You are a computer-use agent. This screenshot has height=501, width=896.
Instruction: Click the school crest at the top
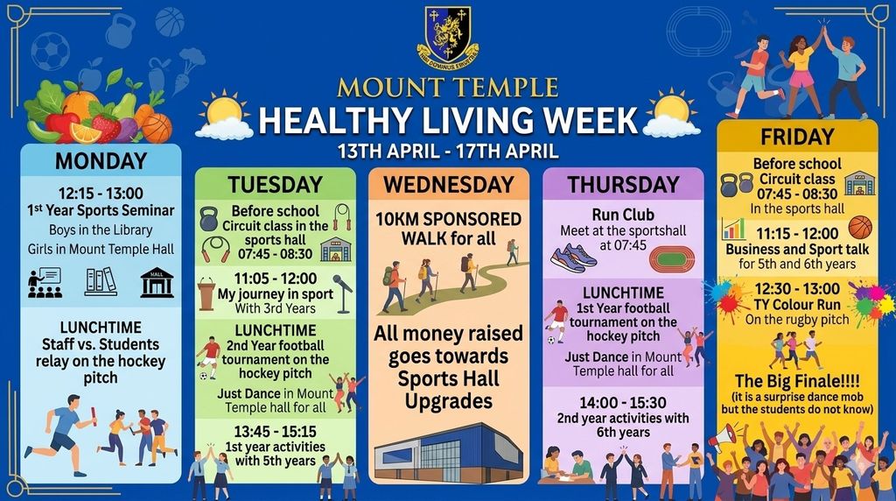coord(448,38)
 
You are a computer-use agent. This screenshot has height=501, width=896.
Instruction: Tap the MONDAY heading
coord(101,160)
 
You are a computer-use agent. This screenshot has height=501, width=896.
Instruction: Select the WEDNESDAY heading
coord(449,185)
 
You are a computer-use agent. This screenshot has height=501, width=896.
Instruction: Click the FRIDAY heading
coord(797,138)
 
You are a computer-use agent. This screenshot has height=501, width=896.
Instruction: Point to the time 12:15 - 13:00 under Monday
coord(101,194)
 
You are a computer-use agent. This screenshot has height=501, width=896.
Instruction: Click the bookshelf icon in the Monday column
coord(101,282)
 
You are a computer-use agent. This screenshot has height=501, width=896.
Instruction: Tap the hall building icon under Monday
coord(157,283)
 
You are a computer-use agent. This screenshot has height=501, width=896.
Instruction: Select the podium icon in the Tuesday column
coord(206,293)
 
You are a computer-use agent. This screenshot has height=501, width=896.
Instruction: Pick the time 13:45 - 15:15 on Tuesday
coord(275,431)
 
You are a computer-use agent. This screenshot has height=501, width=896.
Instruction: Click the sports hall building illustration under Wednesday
coord(449,452)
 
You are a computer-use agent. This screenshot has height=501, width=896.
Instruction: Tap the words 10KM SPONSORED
coord(449,220)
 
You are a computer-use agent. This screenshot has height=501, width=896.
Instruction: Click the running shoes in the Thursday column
coord(574,258)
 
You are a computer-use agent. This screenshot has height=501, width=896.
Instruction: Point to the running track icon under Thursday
coord(672,259)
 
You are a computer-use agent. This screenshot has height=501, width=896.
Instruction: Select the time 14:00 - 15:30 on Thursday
coord(623,403)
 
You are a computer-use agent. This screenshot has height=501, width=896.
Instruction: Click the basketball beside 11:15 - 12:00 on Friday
coord(860,228)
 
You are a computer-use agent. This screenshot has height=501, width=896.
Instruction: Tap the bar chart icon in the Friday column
coord(733,229)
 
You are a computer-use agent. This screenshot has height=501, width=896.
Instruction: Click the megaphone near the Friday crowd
coord(722,438)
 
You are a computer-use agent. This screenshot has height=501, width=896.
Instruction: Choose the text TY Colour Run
coord(797,305)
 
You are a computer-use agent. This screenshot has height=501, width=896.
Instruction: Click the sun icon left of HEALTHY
coord(224,115)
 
